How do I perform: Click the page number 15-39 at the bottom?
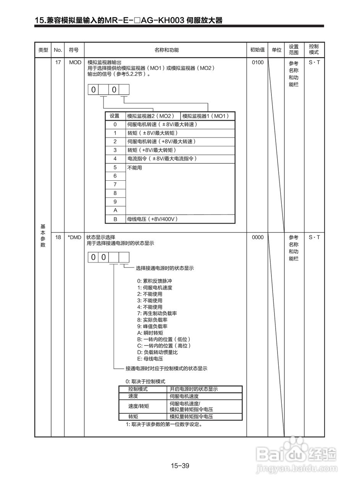click(180, 465)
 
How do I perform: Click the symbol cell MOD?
click(75, 62)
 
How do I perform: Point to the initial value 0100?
click(258, 62)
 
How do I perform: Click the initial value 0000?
click(258, 237)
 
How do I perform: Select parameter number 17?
click(58, 62)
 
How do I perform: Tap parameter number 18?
click(58, 237)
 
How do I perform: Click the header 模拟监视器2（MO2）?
click(151, 116)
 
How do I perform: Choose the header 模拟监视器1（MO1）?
click(206, 116)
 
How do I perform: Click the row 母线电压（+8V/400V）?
click(153, 219)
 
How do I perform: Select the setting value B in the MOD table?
click(115, 219)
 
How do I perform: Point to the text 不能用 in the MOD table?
click(135, 168)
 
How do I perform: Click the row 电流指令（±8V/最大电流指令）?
click(162, 159)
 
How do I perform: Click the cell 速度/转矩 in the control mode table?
click(139, 406)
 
